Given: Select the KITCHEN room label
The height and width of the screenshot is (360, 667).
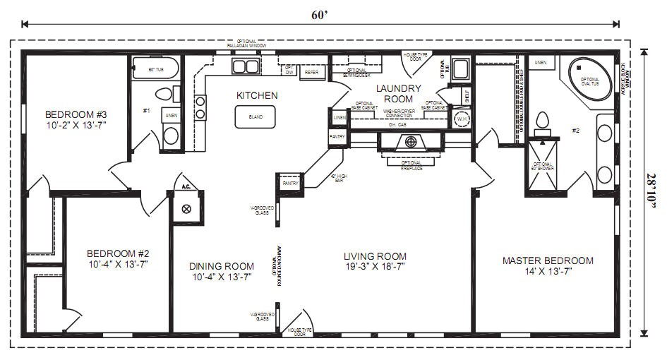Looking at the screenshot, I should point(257,95).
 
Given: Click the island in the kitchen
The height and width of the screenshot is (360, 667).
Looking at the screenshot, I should point(256,117).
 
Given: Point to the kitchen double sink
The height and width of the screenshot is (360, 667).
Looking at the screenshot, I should point(246,67).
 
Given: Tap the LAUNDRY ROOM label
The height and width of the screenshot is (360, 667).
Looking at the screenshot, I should point(398,93).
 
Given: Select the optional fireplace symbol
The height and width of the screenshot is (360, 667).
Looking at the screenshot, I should point(411,141).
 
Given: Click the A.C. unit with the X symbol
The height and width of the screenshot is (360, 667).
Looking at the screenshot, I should point(187,208).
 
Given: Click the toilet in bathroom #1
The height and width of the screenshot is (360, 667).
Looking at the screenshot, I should point(165,93).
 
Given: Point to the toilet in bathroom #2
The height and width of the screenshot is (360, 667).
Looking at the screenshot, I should point(542,123).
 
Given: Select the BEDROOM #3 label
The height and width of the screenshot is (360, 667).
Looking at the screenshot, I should point(76,119).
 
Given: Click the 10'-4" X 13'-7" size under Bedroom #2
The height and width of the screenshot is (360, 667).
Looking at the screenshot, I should point(118,265).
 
